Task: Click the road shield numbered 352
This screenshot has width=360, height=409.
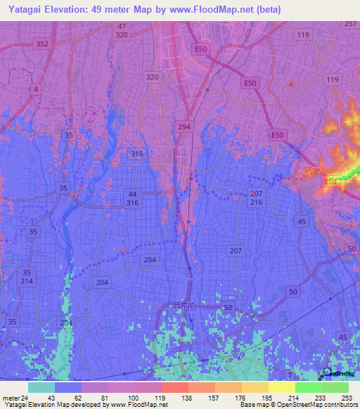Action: pos(42,44)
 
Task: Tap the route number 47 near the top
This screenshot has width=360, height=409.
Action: pos(122,26)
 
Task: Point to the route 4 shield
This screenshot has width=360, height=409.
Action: pos(35,89)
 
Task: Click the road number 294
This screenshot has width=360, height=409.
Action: pos(184,126)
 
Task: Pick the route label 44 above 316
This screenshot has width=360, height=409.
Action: pos(133,193)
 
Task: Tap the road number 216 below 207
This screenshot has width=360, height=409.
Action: pos(256,202)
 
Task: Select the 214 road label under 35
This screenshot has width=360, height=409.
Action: pos(27,281)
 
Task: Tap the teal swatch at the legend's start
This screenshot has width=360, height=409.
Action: pos(41,387)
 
